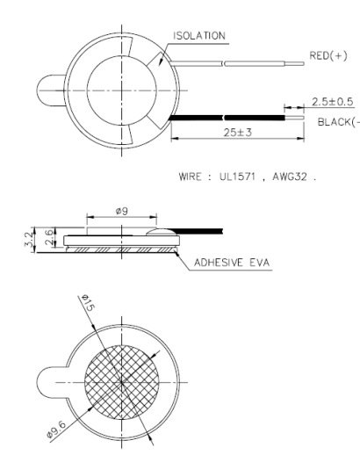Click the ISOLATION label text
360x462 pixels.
(200, 36)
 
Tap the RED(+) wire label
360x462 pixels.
(330, 55)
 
